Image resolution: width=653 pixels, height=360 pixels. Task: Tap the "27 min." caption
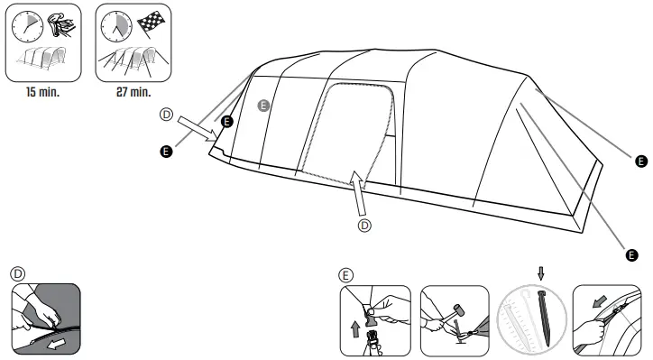133,93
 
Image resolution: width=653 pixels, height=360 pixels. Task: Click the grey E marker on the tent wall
263,106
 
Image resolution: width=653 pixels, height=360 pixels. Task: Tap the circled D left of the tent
165,115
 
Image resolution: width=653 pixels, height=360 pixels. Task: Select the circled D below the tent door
364,226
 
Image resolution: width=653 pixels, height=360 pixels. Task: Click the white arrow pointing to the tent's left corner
197,127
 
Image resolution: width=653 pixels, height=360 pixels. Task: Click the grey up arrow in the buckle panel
353,328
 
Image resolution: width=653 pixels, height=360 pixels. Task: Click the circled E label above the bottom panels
346,275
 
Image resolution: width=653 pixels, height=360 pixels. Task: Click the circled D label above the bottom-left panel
18,272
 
